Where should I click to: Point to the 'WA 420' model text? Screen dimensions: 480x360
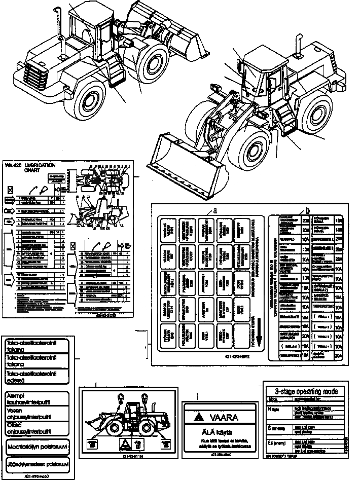11,165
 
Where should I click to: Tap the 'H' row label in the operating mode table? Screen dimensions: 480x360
274,409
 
